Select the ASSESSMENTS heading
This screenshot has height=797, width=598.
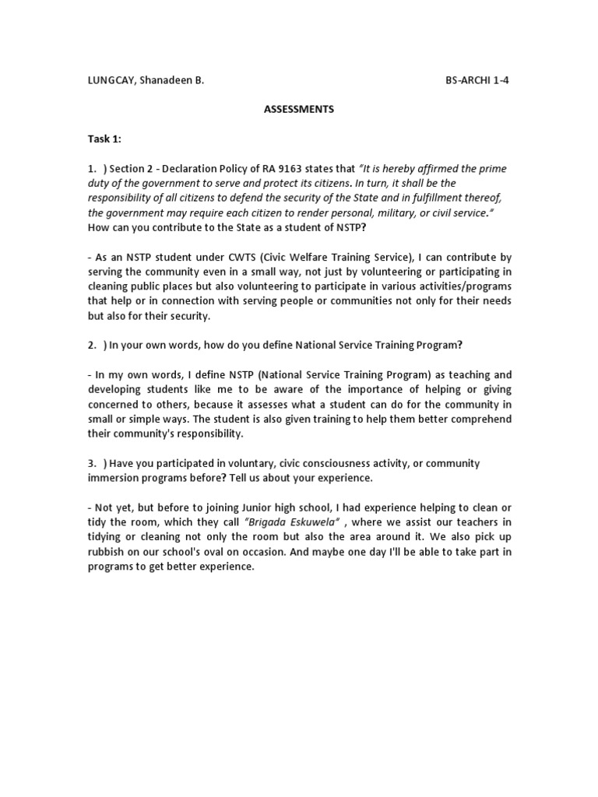pyautogui.click(x=298, y=110)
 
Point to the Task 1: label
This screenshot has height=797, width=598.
pyautogui.click(x=104, y=139)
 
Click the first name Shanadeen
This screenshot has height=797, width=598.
pyautogui.click(x=164, y=80)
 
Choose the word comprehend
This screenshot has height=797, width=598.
pyautogui.click(x=478, y=419)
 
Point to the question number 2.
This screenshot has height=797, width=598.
pyautogui.click(x=90, y=345)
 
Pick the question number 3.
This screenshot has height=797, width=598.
pyautogui.click(x=90, y=463)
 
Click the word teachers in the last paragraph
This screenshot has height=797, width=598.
pyautogui.click(x=466, y=522)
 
